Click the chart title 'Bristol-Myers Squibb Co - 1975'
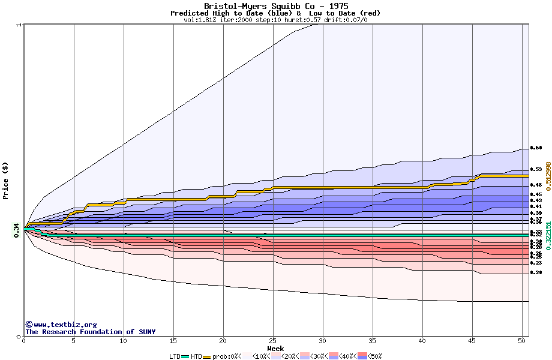click(x=275, y=6)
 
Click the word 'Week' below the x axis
click(x=275, y=349)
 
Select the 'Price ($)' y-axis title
click(x=5, y=181)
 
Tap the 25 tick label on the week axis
click(x=273, y=341)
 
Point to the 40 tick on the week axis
click(x=422, y=341)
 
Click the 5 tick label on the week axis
click(x=74, y=341)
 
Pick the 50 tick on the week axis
click(x=522, y=341)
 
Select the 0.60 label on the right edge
click(x=536, y=148)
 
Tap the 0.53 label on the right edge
click(x=536, y=170)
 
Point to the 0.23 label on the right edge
click(x=536, y=263)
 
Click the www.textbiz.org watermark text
click(x=61, y=325)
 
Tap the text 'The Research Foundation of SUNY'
click(x=90, y=332)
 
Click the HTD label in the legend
click(x=196, y=356)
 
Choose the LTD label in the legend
click(x=175, y=356)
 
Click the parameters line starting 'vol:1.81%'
click(x=275, y=20)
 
